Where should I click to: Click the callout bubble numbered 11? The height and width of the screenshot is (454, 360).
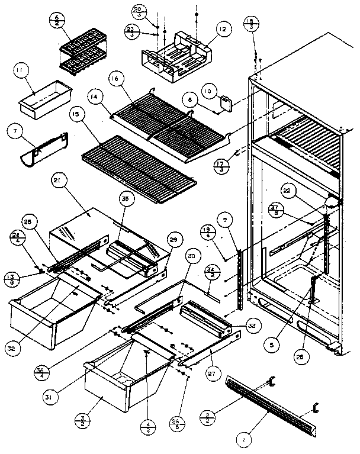[21, 73]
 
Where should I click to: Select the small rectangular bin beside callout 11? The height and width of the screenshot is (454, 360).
[45, 97]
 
